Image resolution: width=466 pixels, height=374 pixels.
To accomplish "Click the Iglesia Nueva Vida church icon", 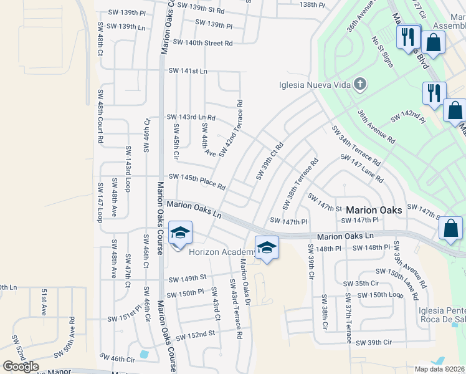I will (359, 85).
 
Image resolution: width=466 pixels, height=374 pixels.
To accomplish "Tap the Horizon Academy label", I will (222, 252).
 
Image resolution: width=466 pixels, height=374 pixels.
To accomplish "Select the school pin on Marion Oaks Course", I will (180, 234).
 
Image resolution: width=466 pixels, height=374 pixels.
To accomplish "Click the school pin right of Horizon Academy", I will (266, 249).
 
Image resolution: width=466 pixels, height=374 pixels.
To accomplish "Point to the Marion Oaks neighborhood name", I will (373, 210).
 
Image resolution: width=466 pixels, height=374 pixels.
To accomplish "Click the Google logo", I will (21, 367).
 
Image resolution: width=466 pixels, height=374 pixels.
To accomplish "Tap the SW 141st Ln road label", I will (188, 71).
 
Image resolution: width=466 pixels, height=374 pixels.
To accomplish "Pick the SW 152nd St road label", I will (195, 335).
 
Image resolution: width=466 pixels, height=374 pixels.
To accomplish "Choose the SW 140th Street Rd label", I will (202, 43).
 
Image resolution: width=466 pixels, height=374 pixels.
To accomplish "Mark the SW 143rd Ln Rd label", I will (191, 117).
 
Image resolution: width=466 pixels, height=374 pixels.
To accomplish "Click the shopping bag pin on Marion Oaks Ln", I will (451, 229).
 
